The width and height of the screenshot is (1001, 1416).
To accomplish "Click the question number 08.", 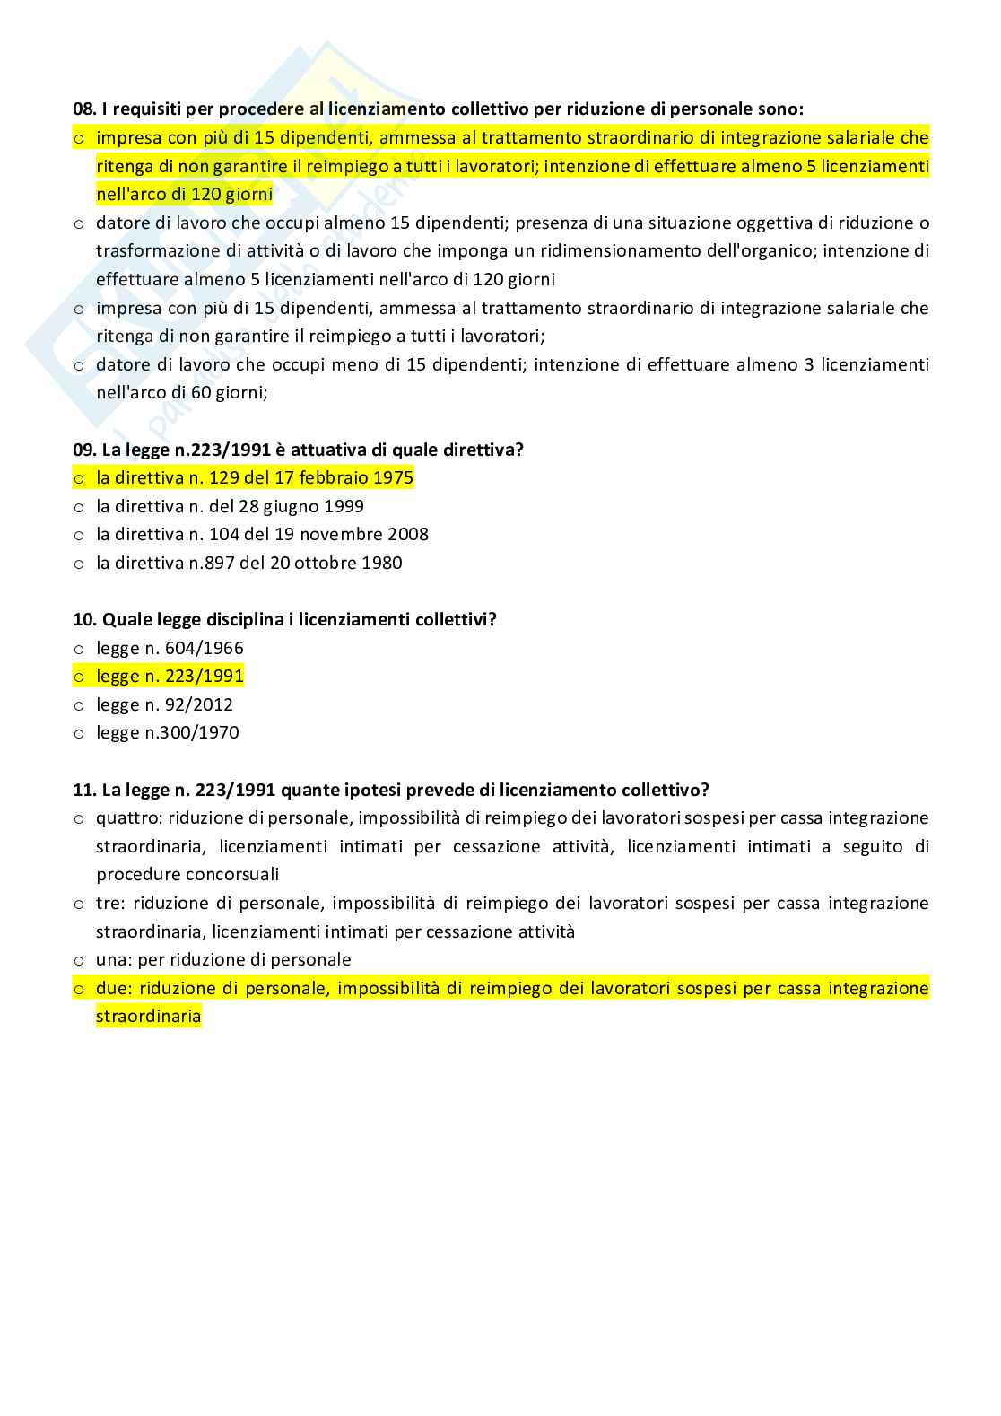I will click(83, 109).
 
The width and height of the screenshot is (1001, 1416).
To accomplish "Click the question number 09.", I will click(83, 450).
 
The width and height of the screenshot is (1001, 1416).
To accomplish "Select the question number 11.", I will click(83, 790).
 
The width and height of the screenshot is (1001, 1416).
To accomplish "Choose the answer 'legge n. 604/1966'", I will click(170, 648).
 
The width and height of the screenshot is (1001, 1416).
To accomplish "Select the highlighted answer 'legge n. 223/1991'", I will click(170, 676).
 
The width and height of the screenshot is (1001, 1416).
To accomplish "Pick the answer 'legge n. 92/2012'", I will click(164, 704).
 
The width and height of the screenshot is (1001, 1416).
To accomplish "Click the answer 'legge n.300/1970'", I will click(168, 732).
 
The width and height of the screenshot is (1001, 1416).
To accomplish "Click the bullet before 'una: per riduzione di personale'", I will click(79, 960).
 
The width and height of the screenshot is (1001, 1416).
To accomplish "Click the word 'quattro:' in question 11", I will click(128, 817).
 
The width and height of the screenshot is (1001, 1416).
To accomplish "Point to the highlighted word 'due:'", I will click(114, 988).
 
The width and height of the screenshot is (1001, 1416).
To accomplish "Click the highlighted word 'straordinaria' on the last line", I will click(148, 1017).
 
